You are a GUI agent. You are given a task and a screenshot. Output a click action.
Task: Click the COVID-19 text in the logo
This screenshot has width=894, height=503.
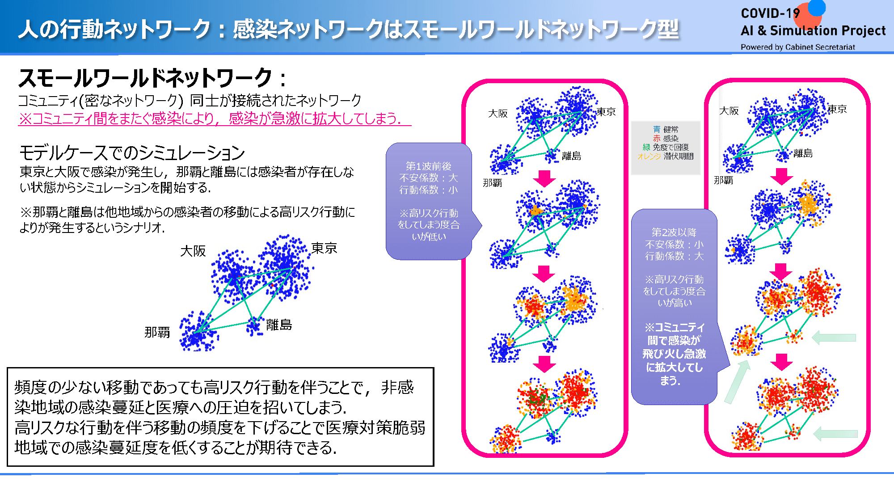coord(770,13)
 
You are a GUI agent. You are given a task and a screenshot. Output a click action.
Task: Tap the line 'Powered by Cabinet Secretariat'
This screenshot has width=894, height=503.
coord(797,47)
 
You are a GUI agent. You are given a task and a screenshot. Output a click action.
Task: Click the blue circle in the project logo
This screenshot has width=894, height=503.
coord(817,7)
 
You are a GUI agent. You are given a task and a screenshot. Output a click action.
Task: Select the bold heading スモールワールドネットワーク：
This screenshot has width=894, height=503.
coord(152,78)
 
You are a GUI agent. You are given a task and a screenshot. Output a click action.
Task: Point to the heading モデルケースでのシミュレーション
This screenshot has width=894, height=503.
coord(132,153)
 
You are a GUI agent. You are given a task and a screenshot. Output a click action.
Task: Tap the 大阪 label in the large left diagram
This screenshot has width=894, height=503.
coord(193,251)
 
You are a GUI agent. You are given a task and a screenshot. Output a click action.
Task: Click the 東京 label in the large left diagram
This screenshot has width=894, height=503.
coord(324,248)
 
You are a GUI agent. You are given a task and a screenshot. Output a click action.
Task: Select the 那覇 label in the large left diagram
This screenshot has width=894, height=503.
coord(157,332)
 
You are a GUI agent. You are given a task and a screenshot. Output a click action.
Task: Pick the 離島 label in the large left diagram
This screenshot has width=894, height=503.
coord(279,325)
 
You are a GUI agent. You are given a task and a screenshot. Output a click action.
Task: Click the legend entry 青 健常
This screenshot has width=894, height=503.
coord(666,129)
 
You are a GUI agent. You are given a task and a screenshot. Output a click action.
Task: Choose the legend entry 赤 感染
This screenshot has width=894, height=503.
coord(666,138)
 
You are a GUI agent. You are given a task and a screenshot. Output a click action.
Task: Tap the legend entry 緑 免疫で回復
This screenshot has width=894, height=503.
coord(666,147)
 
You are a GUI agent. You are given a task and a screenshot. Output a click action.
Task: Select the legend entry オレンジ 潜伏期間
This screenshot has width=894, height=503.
coord(666,156)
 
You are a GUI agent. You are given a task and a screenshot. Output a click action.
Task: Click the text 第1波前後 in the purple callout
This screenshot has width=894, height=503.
coord(428,166)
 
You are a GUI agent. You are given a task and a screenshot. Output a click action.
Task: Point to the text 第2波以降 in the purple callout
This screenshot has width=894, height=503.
coord(674,232)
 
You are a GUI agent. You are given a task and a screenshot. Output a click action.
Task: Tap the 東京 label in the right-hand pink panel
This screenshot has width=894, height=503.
coord(837,109)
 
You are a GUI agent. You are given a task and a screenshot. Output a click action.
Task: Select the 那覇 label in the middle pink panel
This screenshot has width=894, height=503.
coord(492,183)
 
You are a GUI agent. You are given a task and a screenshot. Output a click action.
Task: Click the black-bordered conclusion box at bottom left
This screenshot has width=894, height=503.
coord(220,417)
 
